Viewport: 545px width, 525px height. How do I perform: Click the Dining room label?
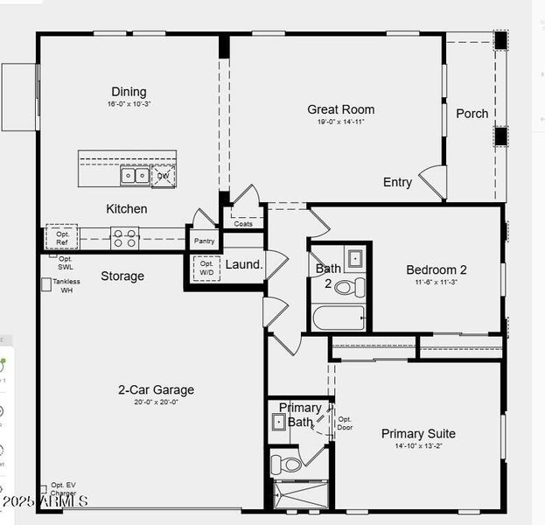[x=129, y=92]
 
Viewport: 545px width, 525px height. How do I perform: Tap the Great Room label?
[x=340, y=109]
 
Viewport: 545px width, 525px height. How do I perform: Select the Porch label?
[x=472, y=114]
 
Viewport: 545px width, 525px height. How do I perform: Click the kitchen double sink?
[x=135, y=176]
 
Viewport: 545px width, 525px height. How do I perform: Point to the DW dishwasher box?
[x=164, y=176]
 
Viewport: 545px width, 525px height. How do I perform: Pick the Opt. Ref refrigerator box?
[x=62, y=237]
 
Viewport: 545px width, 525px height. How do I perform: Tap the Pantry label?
[x=204, y=241]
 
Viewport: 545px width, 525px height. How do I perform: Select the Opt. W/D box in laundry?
[x=206, y=268]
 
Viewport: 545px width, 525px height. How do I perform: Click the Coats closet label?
[x=243, y=224]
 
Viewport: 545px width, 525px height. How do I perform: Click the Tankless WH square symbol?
[x=46, y=284]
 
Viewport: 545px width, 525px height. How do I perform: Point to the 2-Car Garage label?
[x=157, y=390]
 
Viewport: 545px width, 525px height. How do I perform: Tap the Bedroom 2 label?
[x=437, y=270]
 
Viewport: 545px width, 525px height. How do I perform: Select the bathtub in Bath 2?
[x=339, y=317]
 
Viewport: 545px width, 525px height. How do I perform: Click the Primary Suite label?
[x=418, y=434]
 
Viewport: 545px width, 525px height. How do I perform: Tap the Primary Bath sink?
[x=278, y=422]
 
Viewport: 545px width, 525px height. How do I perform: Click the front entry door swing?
[x=435, y=182]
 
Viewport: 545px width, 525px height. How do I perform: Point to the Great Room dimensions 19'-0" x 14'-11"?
[x=340, y=122]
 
